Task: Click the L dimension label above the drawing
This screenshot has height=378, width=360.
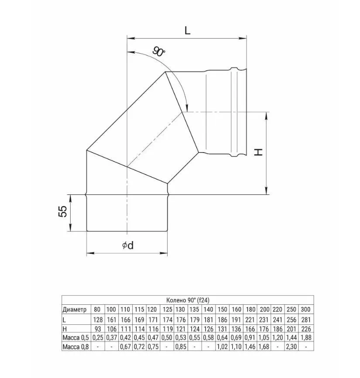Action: tap(187, 30)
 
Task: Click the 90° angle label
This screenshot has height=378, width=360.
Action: tap(159, 52)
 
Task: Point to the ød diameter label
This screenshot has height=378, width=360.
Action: tap(127, 245)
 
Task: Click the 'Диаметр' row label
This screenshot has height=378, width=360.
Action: tap(75, 309)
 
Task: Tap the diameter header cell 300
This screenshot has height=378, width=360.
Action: tap(305, 309)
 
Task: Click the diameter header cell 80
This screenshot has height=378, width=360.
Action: tap(97, 309)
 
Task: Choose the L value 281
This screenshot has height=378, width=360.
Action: tap(305, 319)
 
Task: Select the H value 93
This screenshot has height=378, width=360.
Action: tap(97, 328)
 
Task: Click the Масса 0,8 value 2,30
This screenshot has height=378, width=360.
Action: tap(291, 347)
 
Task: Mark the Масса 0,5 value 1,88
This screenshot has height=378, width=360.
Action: tap(305, 337)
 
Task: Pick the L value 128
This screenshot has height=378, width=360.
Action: tap(97, 319)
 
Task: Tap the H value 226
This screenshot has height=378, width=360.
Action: tap(305, 328)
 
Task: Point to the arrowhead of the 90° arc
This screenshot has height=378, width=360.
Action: tap(187, 109)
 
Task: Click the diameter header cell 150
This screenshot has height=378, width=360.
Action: tap(223, 309)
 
